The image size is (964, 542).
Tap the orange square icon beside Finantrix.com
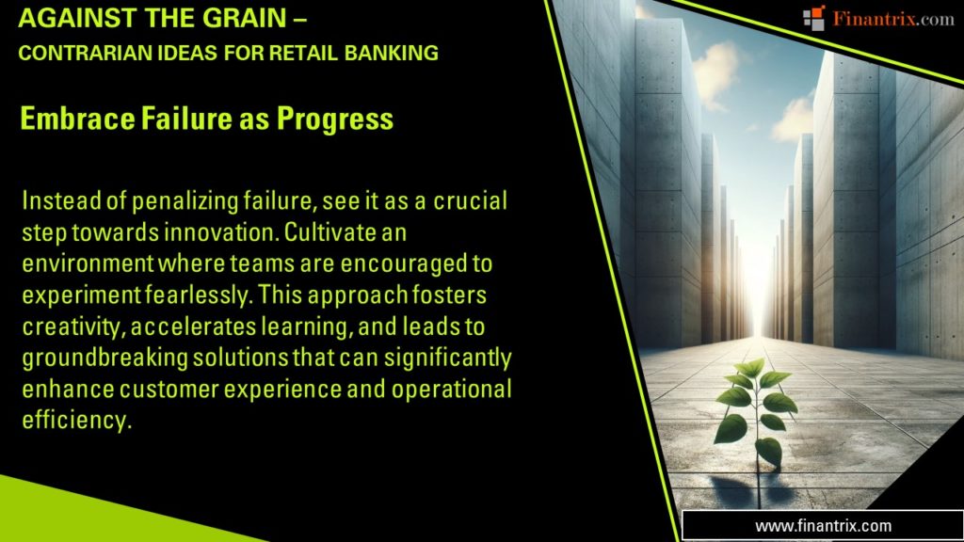pos(812,17)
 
